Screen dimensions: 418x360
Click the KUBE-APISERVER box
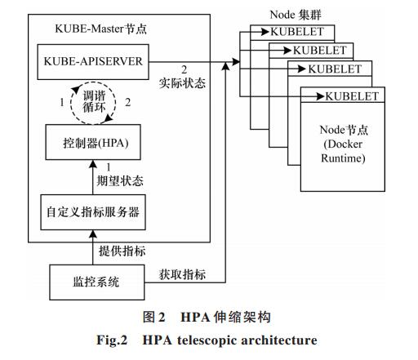pyautogui.click(x=93, y=62)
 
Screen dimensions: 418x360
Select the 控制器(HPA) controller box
pyautogui.click(x=93, y=142)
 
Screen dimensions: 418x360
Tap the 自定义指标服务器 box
pyautogui.click(x=93, y=212)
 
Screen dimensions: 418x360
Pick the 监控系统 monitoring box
pyautogui.click(x=96, y=282)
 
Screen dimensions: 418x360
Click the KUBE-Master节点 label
pyautogui.click(x=100, y=29)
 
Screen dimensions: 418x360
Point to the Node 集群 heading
pyautogui.click(x=296, y=15)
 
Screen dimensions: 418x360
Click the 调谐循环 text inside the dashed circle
pyautogui.click(x=94, y=102)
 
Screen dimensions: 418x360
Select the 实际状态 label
pyautogui.click(x=182, y=83)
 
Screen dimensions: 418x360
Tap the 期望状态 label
pyautogui.click(x=120, y=180)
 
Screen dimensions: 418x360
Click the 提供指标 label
pyautogui.click(x=122, y=251)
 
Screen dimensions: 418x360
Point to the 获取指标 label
pyautogui.click(x=182, y=274)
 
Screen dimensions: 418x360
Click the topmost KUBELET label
pyautogui.click(x=297, y=32)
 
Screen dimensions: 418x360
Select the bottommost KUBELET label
pyautogui.click(x=352, y=96)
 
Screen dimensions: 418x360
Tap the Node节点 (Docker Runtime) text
pyautogui.click(x=344, y=144)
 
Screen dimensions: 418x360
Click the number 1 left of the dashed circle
pyautogui.click(x=62, y=103)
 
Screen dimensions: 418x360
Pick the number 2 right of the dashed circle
pyautogui.click(x=127, y=103)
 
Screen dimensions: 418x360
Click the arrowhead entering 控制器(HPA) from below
pyautogui.click(x=93, y=164)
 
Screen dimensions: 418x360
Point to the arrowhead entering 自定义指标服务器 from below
pyautogui.click(x=93, y=234)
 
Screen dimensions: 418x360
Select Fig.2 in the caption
pyautogui.click(x=112, y=340)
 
